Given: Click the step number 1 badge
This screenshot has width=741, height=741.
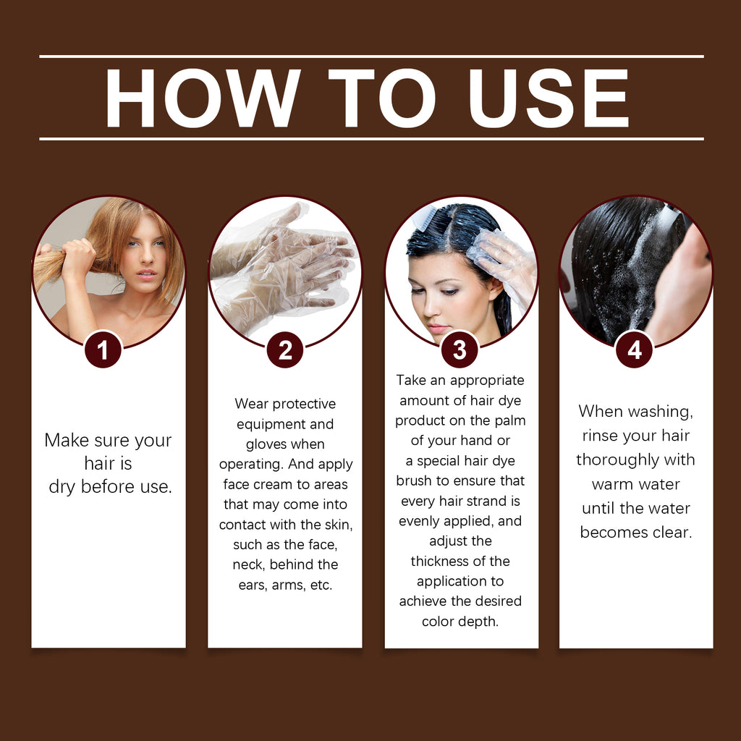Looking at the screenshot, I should coord(103,350).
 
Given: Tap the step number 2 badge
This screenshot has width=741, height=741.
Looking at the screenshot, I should coord(285,350).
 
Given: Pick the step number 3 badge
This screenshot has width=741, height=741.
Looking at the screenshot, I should coord(460,350).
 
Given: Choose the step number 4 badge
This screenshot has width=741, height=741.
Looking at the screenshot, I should coord(635,350).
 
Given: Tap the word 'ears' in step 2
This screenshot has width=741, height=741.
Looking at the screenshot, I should coord(253,585).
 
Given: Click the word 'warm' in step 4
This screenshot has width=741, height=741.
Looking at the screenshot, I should coord(612,484).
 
